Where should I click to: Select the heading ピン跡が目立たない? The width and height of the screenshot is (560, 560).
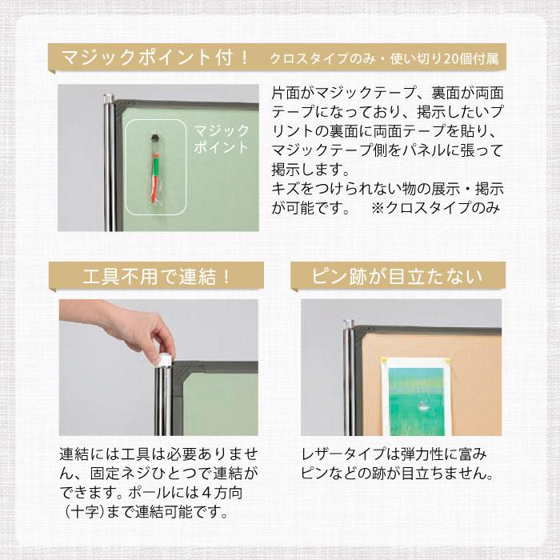(397, 277)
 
